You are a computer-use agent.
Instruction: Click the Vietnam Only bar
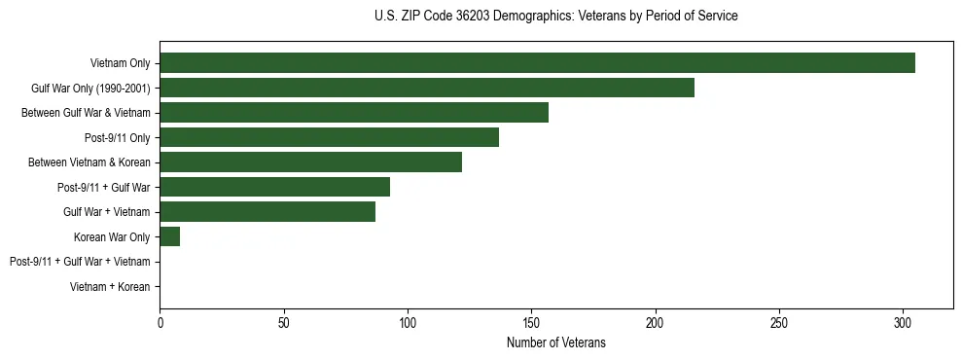tap(537, 63)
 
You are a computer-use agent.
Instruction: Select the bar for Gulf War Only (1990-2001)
tap(427, 88)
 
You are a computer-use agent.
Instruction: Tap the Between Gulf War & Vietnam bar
tap(354, 113)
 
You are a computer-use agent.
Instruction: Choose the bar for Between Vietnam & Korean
tap(310, 162)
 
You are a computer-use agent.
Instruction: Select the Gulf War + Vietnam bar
tap(267, 212)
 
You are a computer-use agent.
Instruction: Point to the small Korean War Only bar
tap(169, 236)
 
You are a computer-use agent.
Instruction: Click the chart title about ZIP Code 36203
tap(555, 17)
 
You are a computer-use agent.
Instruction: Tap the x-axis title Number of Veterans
tap(555, 342)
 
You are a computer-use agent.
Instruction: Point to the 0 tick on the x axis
tap(160, 320)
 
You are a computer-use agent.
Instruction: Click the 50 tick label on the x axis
tap(283, 320)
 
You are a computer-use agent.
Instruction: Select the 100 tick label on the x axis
tap(408, 320)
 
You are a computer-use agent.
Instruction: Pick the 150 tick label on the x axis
tap(531, 320)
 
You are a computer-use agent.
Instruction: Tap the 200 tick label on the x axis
tap(656, 320)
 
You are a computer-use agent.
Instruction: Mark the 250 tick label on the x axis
tap(779, 320)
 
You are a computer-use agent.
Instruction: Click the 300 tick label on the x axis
tap(903, 320)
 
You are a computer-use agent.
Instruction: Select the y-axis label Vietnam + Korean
tap(110, 287)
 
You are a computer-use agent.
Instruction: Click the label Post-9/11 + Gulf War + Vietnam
tap(80, 262)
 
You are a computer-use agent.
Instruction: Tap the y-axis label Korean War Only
tap(112, 236)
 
